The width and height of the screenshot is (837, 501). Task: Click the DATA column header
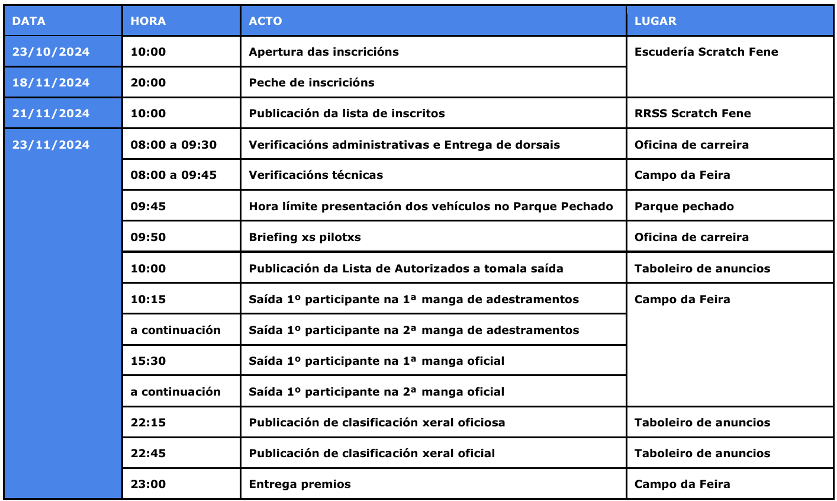coord(28,21)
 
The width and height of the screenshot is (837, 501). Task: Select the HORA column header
coord(148,21)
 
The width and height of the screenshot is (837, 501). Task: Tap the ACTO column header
coord(265,21)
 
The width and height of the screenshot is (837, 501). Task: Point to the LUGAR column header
coord(655,21)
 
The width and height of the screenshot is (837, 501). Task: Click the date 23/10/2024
coord(51,52)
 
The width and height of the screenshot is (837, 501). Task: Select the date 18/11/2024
coord(51,83)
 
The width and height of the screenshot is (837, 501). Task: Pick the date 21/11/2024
coord(51,114)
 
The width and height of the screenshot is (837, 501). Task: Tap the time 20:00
coord(148,83)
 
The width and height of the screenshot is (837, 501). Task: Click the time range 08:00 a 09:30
coord(173,145)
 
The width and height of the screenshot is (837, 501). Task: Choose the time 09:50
coord(148,237)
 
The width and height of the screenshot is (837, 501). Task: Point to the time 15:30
coord(148,361)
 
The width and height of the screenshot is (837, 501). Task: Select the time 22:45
coord(148,454)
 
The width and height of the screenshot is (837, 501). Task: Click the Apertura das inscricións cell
coord(324,52)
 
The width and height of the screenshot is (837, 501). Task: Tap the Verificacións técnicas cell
coord(316,175)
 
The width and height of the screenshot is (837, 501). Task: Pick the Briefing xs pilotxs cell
coord(305,237)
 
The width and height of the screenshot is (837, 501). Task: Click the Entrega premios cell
coord(300,484)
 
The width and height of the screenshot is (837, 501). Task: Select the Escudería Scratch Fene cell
coord(706,52)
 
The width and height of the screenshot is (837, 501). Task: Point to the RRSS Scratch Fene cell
coord(693,114)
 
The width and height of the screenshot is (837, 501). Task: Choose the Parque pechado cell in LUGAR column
coord(684,207)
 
